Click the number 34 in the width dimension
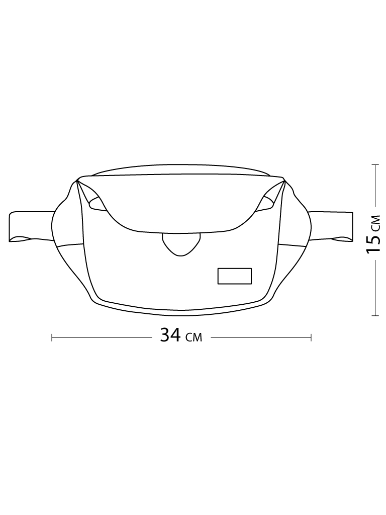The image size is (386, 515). (x=170, y=335)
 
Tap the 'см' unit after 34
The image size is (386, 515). (x=194, y=337)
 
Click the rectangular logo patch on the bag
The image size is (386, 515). (x=235, y=276)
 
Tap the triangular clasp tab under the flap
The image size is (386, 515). (x=181, y=244)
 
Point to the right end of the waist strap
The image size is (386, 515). (x=352, y=227)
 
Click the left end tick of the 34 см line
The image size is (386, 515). (x=52, y=337)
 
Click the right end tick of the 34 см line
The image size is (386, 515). (x=311, y=337)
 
